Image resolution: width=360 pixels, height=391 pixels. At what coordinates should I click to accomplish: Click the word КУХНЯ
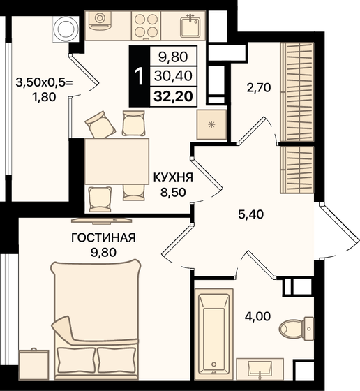[173, 177]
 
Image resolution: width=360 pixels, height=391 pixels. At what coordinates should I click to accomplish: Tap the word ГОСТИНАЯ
[103, 237]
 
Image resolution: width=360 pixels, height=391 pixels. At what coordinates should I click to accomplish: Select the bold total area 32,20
[174, 96]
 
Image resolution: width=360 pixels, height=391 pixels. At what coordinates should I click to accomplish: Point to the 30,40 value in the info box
[174, 75]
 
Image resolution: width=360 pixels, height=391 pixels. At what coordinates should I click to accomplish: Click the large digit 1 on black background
[139, 76]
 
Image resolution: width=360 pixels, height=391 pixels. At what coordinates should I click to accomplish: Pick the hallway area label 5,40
[250, 214]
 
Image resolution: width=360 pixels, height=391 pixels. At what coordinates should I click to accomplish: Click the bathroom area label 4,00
[257, 317]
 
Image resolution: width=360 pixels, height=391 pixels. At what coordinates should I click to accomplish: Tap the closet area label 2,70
[259, 88]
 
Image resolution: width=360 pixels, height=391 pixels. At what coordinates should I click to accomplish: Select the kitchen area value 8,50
[173, 193]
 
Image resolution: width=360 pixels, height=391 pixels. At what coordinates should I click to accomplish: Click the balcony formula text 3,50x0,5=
[45, 82]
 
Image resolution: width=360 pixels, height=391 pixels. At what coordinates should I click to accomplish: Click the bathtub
[214, 334]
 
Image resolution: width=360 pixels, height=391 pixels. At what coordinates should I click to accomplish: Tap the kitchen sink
[190, 26]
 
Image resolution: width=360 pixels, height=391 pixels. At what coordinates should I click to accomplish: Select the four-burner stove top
[147, 25]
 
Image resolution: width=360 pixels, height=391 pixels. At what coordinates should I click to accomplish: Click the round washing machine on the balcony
[66, 29]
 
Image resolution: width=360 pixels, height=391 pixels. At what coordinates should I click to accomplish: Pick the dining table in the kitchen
[117, 161]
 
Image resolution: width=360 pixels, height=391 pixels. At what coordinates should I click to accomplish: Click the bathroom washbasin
[260, 369]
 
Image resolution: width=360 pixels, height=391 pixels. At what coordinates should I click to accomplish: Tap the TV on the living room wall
[101, 221]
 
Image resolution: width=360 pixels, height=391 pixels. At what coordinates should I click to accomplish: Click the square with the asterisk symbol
[211, 124]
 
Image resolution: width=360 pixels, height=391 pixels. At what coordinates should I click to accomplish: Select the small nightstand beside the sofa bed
[34, 364]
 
